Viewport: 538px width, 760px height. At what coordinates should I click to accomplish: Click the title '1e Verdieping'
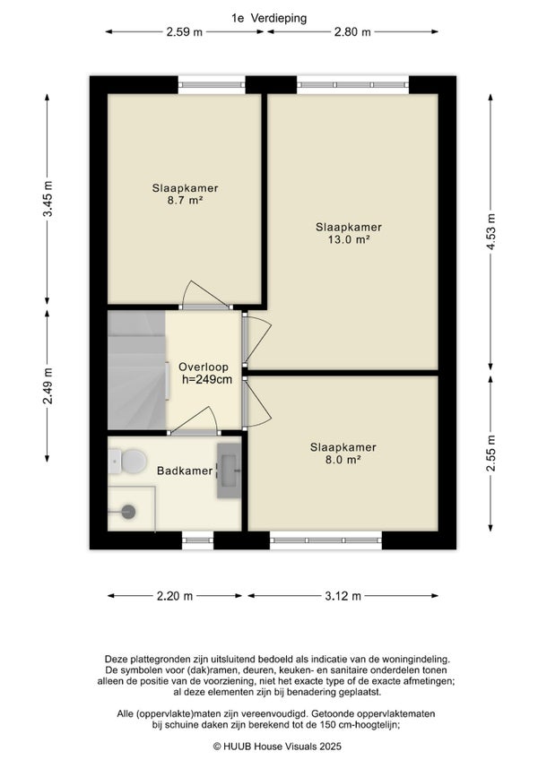269,19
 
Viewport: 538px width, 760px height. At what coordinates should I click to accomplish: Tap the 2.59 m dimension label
185,32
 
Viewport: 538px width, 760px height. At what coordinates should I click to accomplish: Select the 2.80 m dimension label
352,32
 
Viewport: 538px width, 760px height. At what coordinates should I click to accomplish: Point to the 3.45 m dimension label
48,199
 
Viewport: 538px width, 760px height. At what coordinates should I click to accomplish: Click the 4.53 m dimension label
491,232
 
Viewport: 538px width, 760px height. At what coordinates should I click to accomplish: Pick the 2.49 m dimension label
48,385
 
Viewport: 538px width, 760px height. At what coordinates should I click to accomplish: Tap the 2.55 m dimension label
491,453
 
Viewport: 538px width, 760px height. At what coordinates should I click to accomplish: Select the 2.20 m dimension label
175,596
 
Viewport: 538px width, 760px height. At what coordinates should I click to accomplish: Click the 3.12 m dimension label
343,596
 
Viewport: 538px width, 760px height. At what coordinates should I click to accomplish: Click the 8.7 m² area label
185,200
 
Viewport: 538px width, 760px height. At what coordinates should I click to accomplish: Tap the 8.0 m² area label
343,460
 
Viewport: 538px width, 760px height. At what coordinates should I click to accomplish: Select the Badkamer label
185,471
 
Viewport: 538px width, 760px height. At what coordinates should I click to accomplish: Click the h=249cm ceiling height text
207,379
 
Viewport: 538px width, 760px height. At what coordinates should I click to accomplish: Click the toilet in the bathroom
127,462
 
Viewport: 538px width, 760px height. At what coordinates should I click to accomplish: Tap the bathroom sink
229,471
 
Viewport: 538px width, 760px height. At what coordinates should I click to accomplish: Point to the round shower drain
128,512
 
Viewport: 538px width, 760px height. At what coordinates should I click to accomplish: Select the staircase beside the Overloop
137,370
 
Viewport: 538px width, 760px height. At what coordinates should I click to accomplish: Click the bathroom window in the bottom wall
197,540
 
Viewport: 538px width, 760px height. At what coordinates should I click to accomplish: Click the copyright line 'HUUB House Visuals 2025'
277,747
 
